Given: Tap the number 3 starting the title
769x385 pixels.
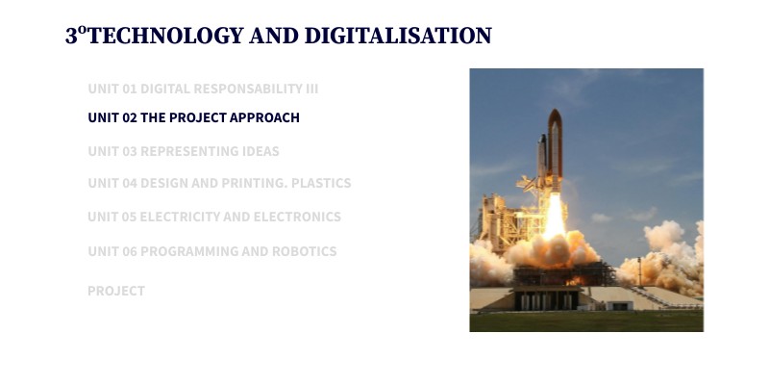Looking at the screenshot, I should pos(71,37).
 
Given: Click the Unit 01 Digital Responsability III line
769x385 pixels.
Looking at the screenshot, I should pos(203,89).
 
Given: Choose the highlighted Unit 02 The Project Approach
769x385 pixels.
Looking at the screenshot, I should pos(193,117).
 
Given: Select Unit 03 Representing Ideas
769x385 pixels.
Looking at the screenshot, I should pos(184,151).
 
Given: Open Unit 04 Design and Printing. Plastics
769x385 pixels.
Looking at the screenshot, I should pos(219,183).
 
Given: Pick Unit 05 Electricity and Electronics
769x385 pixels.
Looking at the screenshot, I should pos(214,217).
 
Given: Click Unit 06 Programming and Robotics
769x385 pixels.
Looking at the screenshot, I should pos(212,251).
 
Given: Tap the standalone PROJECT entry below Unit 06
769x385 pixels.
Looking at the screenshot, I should pos(116,291).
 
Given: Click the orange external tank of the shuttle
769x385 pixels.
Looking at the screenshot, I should pos(555,149).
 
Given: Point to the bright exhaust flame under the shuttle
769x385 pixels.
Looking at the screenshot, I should pos(555,219).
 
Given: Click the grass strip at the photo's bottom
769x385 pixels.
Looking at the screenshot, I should pos(586,321).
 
